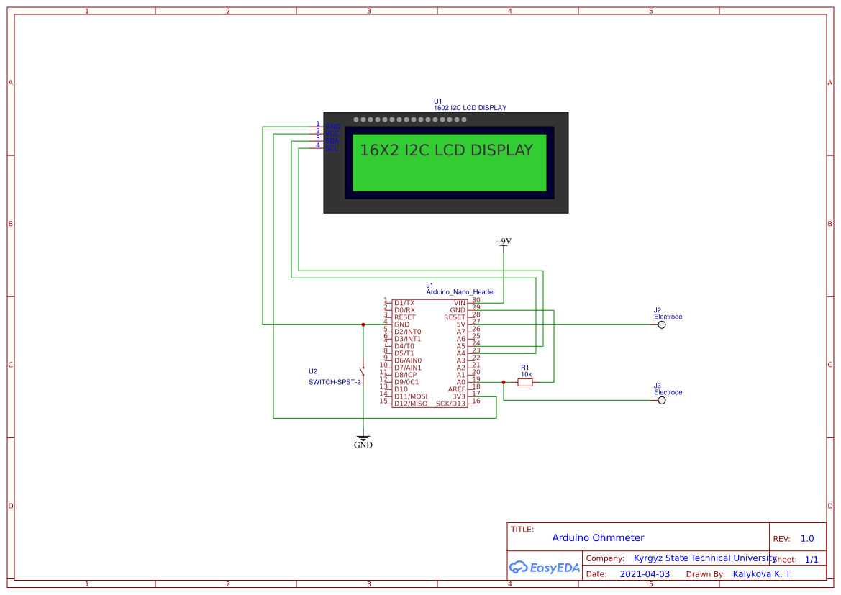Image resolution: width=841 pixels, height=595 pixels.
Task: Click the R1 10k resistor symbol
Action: click(525, 382)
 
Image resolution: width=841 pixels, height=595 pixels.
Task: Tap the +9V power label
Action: click(504, 242)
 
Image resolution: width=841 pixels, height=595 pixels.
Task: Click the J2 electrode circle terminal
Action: click(662, 324)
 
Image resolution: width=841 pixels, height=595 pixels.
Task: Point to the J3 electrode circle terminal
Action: click(662, 400)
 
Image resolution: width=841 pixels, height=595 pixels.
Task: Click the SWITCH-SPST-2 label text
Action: click(335, 382)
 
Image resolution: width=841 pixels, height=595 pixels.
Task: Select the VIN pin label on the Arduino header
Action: click(459, 303)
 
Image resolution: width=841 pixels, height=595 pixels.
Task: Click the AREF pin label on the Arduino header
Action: click(456, 389)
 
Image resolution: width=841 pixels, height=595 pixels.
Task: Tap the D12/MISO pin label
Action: click(410, 404)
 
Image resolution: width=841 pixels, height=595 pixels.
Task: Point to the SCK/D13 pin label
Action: click(450, 404)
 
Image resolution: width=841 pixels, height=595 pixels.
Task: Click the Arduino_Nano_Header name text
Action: click(460, 292)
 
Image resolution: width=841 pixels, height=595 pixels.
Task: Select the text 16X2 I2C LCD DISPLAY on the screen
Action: click(446, 150)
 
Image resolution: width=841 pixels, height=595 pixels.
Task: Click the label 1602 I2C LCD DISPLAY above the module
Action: click(470, 108)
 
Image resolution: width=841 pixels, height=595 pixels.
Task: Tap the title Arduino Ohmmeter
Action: click(598, 538)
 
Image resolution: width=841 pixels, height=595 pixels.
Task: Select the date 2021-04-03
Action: click(645, 574)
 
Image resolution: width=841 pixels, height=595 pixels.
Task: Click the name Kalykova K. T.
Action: click(762, 574)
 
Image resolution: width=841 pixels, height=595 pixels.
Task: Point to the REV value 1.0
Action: click(807, 539)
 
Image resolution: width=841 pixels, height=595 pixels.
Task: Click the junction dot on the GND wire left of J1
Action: click(363, 324)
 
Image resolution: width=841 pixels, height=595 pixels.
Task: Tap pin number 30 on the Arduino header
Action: click(476, 300)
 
